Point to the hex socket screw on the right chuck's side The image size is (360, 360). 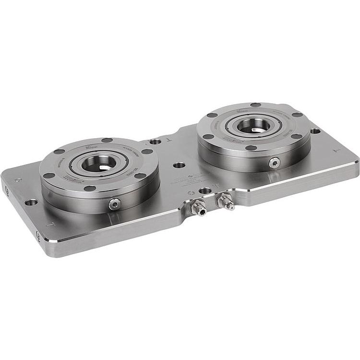point(274,163)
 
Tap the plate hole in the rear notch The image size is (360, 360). point(155,142)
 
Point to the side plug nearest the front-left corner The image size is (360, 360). point(38,235)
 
